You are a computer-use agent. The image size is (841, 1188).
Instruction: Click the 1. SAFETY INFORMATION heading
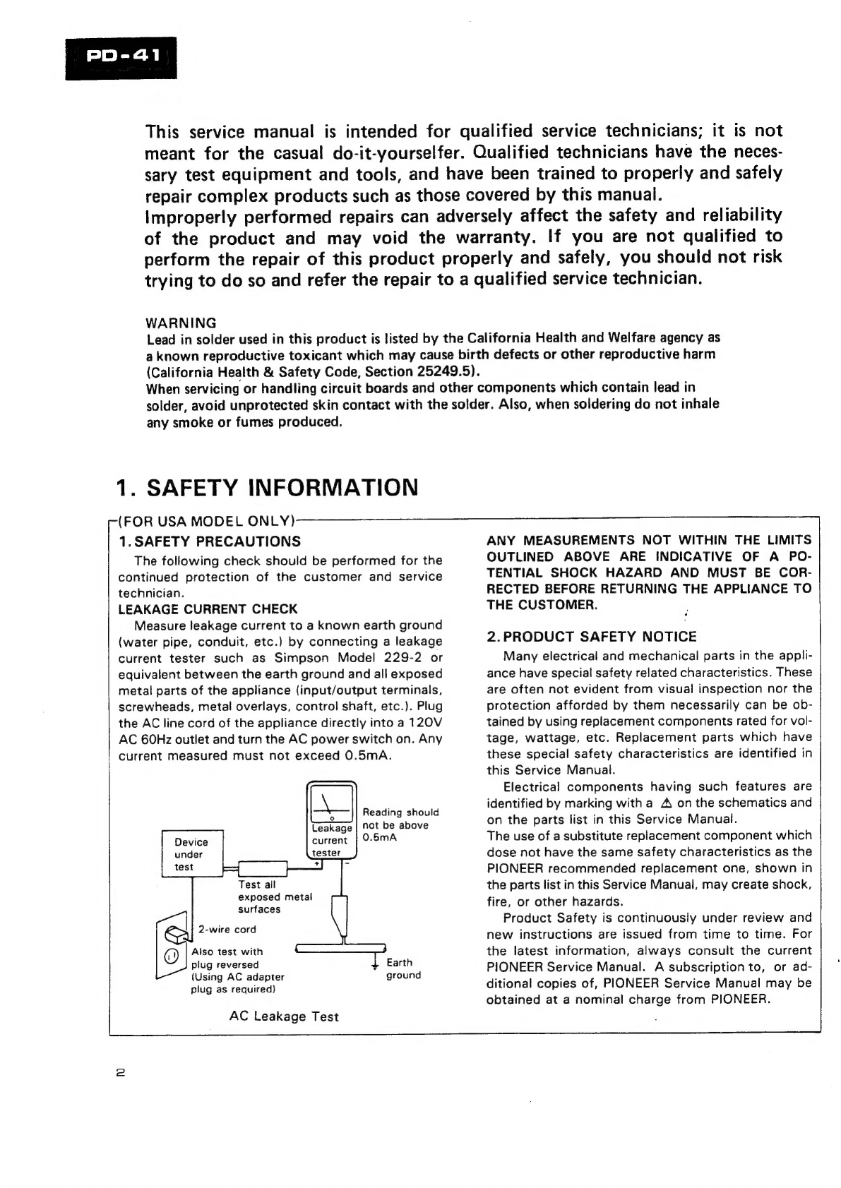pyautogui.click(x=267, y=488)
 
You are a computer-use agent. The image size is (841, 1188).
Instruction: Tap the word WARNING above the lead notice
pyautogui.click(x=181, y=323)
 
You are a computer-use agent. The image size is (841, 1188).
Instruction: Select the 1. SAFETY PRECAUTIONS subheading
pyautogui.click(x=210, y=541)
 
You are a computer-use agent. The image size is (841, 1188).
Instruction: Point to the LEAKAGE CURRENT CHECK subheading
pyautogui.click(x=208, y=608)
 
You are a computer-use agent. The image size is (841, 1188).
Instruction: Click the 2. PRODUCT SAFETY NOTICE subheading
pyautogui.click(x=591, y=636)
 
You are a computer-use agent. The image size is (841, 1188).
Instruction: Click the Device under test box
pyautogui.click(x=192, y=854)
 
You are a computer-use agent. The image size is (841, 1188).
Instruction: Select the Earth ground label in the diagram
pyautogui.click(x=403, y=968)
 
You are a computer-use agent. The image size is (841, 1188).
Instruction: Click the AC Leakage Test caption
pyautogui.click(x=284, y=1016)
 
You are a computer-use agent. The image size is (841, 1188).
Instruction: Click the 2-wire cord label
pyautogui.click(x=227, y=930)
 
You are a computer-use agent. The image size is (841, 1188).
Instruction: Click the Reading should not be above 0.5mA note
pyautogui.click(x=400, y=825)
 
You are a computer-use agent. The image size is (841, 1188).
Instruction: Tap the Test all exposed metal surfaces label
pyautogui.click(x=275, y=896)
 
